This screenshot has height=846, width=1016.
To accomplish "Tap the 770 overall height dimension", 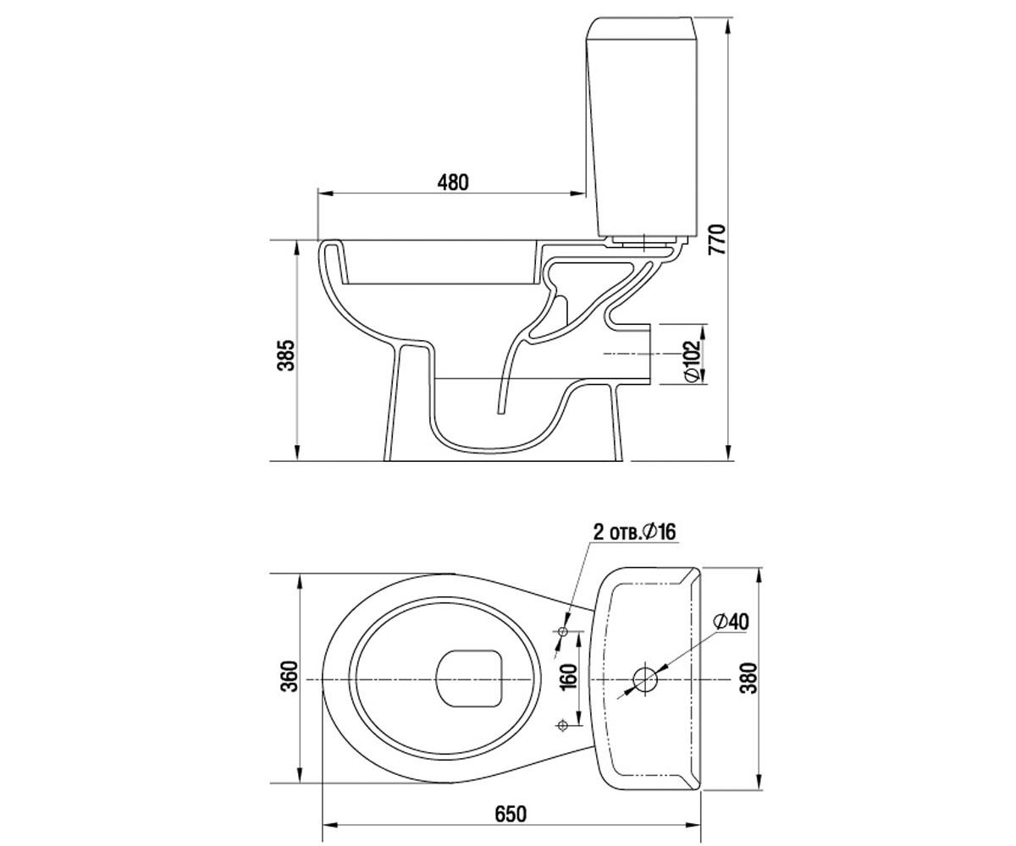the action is coord(717,239).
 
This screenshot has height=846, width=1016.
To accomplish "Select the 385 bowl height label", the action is coord(286,355).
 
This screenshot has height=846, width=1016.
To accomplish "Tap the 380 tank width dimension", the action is coord(748,678).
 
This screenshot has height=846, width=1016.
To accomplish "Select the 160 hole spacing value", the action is coord(568,676).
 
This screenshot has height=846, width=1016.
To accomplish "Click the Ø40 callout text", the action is coord(731,622).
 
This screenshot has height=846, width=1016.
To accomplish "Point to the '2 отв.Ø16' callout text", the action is coord(634,532).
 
